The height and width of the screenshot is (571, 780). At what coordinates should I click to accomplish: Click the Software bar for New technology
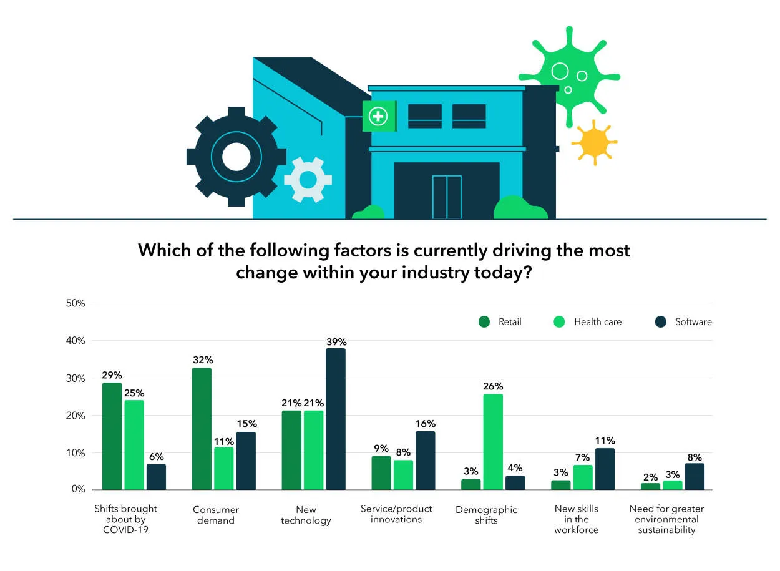click(336, 419)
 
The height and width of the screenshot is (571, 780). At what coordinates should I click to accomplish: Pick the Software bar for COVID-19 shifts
click(156, 477)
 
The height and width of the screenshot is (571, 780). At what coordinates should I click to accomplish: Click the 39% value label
click(336, 342)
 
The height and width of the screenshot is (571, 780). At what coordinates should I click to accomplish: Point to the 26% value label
click(493, 386)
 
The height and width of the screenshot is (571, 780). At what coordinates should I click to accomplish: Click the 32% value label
click(203, 360)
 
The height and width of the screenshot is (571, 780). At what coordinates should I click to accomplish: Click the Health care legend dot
click(560, 322)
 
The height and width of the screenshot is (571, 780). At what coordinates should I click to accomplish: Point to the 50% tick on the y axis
click(76, 303)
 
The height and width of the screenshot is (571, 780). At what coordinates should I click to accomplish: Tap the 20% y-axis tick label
click(76, 416)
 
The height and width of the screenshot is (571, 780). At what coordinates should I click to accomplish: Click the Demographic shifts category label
click(486, 515)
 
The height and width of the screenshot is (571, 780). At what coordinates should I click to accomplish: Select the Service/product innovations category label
click(396, 514)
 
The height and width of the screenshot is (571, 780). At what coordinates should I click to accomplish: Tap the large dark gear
click(236, 157)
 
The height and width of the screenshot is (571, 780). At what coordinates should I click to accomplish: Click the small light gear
click(308, 180)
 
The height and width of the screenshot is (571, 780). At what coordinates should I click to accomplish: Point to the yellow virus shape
click(593, 143)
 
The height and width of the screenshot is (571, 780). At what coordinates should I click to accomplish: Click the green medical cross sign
click(378, 116)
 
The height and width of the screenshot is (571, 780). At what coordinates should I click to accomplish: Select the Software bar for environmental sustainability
click(694, 476)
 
